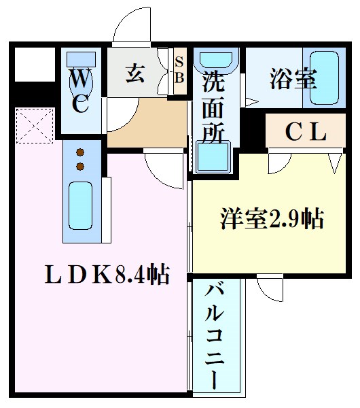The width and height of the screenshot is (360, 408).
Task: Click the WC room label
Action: tap(79, 92)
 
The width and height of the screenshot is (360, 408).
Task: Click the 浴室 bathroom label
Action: tap(293, 80)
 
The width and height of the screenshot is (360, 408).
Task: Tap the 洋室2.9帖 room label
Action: tap(271, 219)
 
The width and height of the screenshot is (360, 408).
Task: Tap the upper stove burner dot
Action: tap(80, 152)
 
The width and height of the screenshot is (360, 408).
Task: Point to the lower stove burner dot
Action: tap(80, 166)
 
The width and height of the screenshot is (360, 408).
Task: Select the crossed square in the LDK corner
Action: tap(35, 126)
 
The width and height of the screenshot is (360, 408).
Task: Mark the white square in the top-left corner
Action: tap(30, 64)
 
